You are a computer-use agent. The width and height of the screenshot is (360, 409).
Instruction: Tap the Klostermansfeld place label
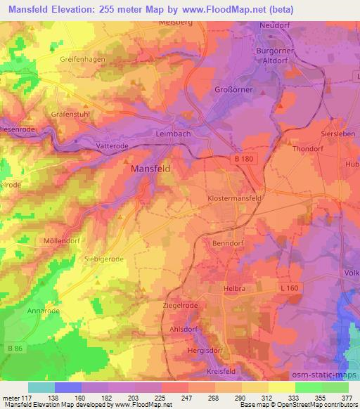pos(236,200)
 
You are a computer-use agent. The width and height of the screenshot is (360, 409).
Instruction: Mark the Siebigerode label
pos(105,259)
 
